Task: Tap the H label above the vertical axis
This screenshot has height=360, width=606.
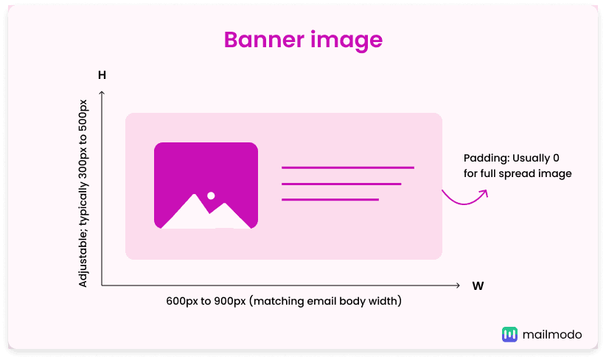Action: click(x=102, y=75)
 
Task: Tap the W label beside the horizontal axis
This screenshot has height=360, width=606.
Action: click(x=478, y=286)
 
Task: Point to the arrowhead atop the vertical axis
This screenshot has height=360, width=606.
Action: click(x=102, y=93)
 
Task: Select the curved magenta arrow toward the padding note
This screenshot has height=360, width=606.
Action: click(x=465, y=198)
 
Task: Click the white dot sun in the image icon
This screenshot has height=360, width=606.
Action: click(x=211, y=195)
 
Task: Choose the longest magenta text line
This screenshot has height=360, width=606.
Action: click(x=347, y=167)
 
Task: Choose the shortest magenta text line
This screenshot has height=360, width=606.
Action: click(x=330, y=199)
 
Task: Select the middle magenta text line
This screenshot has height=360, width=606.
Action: click(x=341, y=184)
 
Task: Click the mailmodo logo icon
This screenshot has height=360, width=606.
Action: click(x=509, y=334)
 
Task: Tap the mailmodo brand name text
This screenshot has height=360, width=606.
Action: click(x=551, y=334)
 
